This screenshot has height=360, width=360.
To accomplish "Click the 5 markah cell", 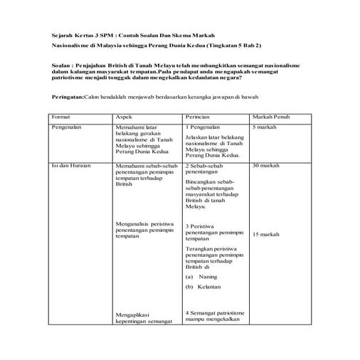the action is (265, 126).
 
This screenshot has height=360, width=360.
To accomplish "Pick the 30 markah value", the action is (266, 165).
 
